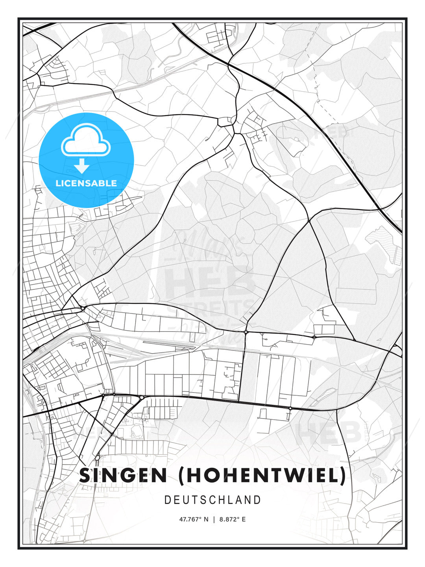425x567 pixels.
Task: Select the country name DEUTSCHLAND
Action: [213, 500]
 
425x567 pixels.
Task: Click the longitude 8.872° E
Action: [232, 519]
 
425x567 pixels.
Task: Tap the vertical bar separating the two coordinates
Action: [214, 519]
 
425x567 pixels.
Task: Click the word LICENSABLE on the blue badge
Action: [86, 183]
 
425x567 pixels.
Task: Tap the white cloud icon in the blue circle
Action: [86, 140]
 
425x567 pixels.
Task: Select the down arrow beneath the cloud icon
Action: [82, 165]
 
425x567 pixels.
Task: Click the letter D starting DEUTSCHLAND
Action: [167, 500]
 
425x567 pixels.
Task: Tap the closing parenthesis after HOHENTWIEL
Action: [342, 475]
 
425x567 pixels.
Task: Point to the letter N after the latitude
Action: [206, 519]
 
